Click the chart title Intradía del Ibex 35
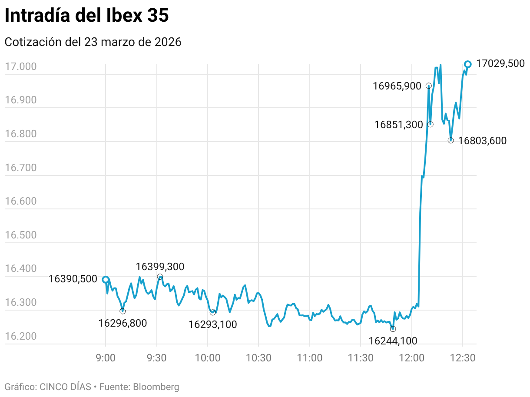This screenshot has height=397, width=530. click(x=86, y=16)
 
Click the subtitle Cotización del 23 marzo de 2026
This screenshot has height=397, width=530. click(x=93, y=42)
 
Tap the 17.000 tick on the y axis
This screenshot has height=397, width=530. click(x=20, y=67)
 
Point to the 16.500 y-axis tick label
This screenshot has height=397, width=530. click(x=20, y=235)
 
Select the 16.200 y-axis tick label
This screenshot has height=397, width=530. click(x=20, y=336)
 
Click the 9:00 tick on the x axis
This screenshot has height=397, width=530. click(x=106, y=358)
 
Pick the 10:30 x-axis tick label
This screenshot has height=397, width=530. click(x=258, y=358)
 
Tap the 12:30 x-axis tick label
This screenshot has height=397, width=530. click(x=463, y=358)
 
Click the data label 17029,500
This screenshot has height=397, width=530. click(x=500, y=63)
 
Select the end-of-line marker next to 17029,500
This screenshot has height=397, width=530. click(x=468, y=64)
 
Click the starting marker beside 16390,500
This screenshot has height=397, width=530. click(x=106, y=280)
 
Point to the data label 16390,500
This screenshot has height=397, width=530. click(x=73, y=279)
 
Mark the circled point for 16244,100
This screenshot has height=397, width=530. click(x=393, y=329)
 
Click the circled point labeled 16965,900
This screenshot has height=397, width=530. click(x=429, y=86)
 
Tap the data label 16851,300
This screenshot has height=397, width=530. click(x=399, y=125)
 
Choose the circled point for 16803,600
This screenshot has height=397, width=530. click(x=451, y=140)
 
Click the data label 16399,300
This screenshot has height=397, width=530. click(x=160, y=267)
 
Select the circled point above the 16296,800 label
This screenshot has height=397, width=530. click(x=123, y=311)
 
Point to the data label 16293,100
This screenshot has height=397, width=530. click(x=213, y=324)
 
